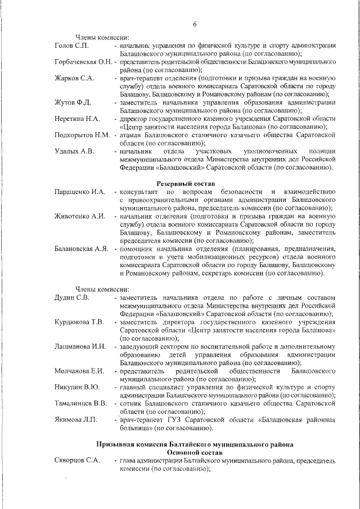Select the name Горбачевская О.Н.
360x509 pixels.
83,61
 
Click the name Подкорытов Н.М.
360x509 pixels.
82,136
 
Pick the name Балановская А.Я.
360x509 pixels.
82,249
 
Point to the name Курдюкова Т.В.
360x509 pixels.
79,322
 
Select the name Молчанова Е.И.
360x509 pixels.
79,371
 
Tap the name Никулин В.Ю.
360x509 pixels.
77,388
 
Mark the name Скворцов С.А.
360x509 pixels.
78,461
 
